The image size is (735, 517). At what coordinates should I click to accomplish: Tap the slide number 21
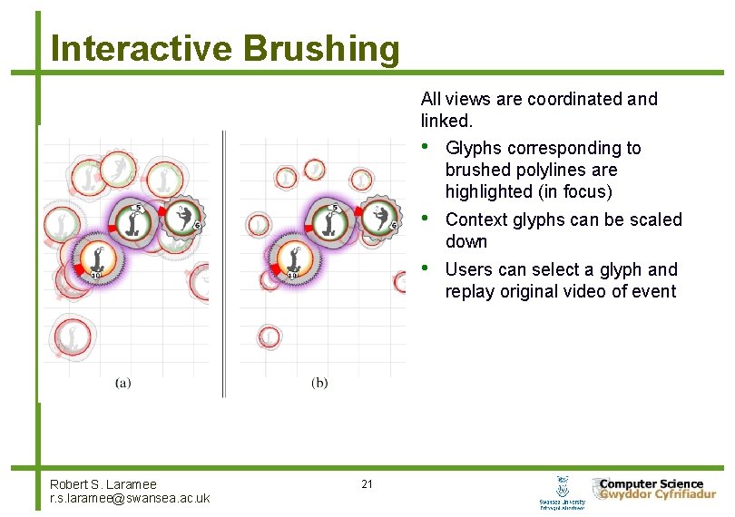(x=367, y=484)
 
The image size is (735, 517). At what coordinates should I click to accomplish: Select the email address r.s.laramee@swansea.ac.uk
(x=130, y=498)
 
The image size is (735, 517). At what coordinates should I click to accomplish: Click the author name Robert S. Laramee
(x=103, y=484)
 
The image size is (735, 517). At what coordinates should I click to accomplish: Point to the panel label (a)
(x=122, y=383)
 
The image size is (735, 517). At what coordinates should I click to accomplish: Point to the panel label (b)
(x=319, y=383)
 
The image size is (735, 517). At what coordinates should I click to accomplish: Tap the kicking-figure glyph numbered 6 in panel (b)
(x=380, y=218)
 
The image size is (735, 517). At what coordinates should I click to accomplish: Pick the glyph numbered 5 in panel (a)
(x=134, y=221)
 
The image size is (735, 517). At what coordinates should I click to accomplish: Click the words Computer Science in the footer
(x=652, y=484)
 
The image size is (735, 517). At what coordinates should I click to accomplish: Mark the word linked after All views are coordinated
(x=445, y=121)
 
